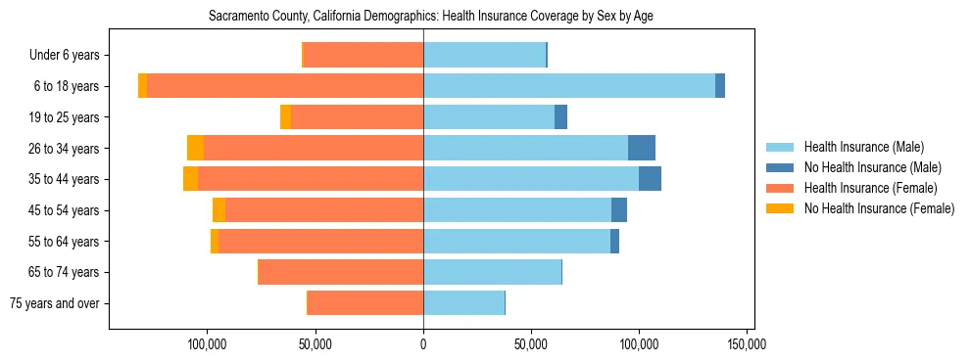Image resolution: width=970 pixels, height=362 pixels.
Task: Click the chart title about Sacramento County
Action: coord(431,17)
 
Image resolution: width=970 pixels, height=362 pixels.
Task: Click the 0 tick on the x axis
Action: coord(423,344)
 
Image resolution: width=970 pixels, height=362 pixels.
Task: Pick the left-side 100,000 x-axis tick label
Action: coord(208,344)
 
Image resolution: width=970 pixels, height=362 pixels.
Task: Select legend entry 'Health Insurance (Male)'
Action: coord(863,147)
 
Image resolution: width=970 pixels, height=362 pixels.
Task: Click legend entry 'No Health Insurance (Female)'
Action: coord(879,208)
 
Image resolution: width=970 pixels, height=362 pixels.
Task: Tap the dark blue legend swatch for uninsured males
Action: coord(780,167)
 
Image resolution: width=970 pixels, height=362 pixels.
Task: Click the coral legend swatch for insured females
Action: coord(780,188)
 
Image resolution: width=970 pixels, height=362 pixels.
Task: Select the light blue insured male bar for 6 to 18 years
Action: coord(568,86)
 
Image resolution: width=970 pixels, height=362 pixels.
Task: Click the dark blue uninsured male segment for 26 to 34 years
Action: coord(642,148)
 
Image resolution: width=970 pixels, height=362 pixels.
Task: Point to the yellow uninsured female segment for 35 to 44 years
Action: coord(190,179)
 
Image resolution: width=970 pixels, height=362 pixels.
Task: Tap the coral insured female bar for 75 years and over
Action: coord(365,303)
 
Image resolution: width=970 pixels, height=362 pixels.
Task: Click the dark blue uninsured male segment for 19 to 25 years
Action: coord(560,117)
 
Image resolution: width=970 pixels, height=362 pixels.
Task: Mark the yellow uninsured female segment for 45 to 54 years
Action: coord(218,210)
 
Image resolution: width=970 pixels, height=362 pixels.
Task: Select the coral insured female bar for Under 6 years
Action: coord(364,55)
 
